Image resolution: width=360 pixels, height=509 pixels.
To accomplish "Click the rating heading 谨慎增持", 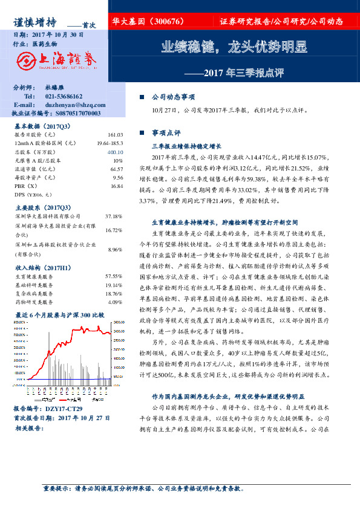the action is coord(35,22).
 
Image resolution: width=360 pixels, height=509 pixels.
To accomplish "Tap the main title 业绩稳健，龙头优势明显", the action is coord(234,47).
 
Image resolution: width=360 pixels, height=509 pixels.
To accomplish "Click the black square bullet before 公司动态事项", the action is coord(142,97).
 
